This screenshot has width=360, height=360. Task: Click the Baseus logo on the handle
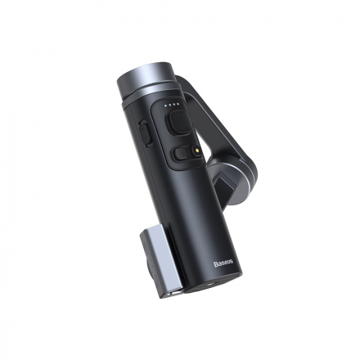pos(224,263)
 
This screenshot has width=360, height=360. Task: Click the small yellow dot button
pos(196,151)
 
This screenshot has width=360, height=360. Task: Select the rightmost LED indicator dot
pos(178,106)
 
